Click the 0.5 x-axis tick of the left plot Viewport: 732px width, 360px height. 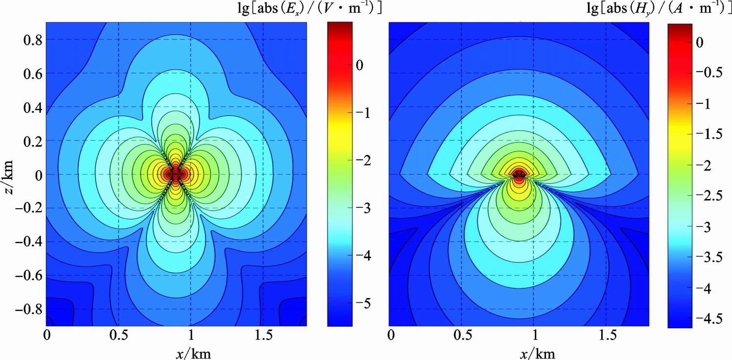coord(118,336)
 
